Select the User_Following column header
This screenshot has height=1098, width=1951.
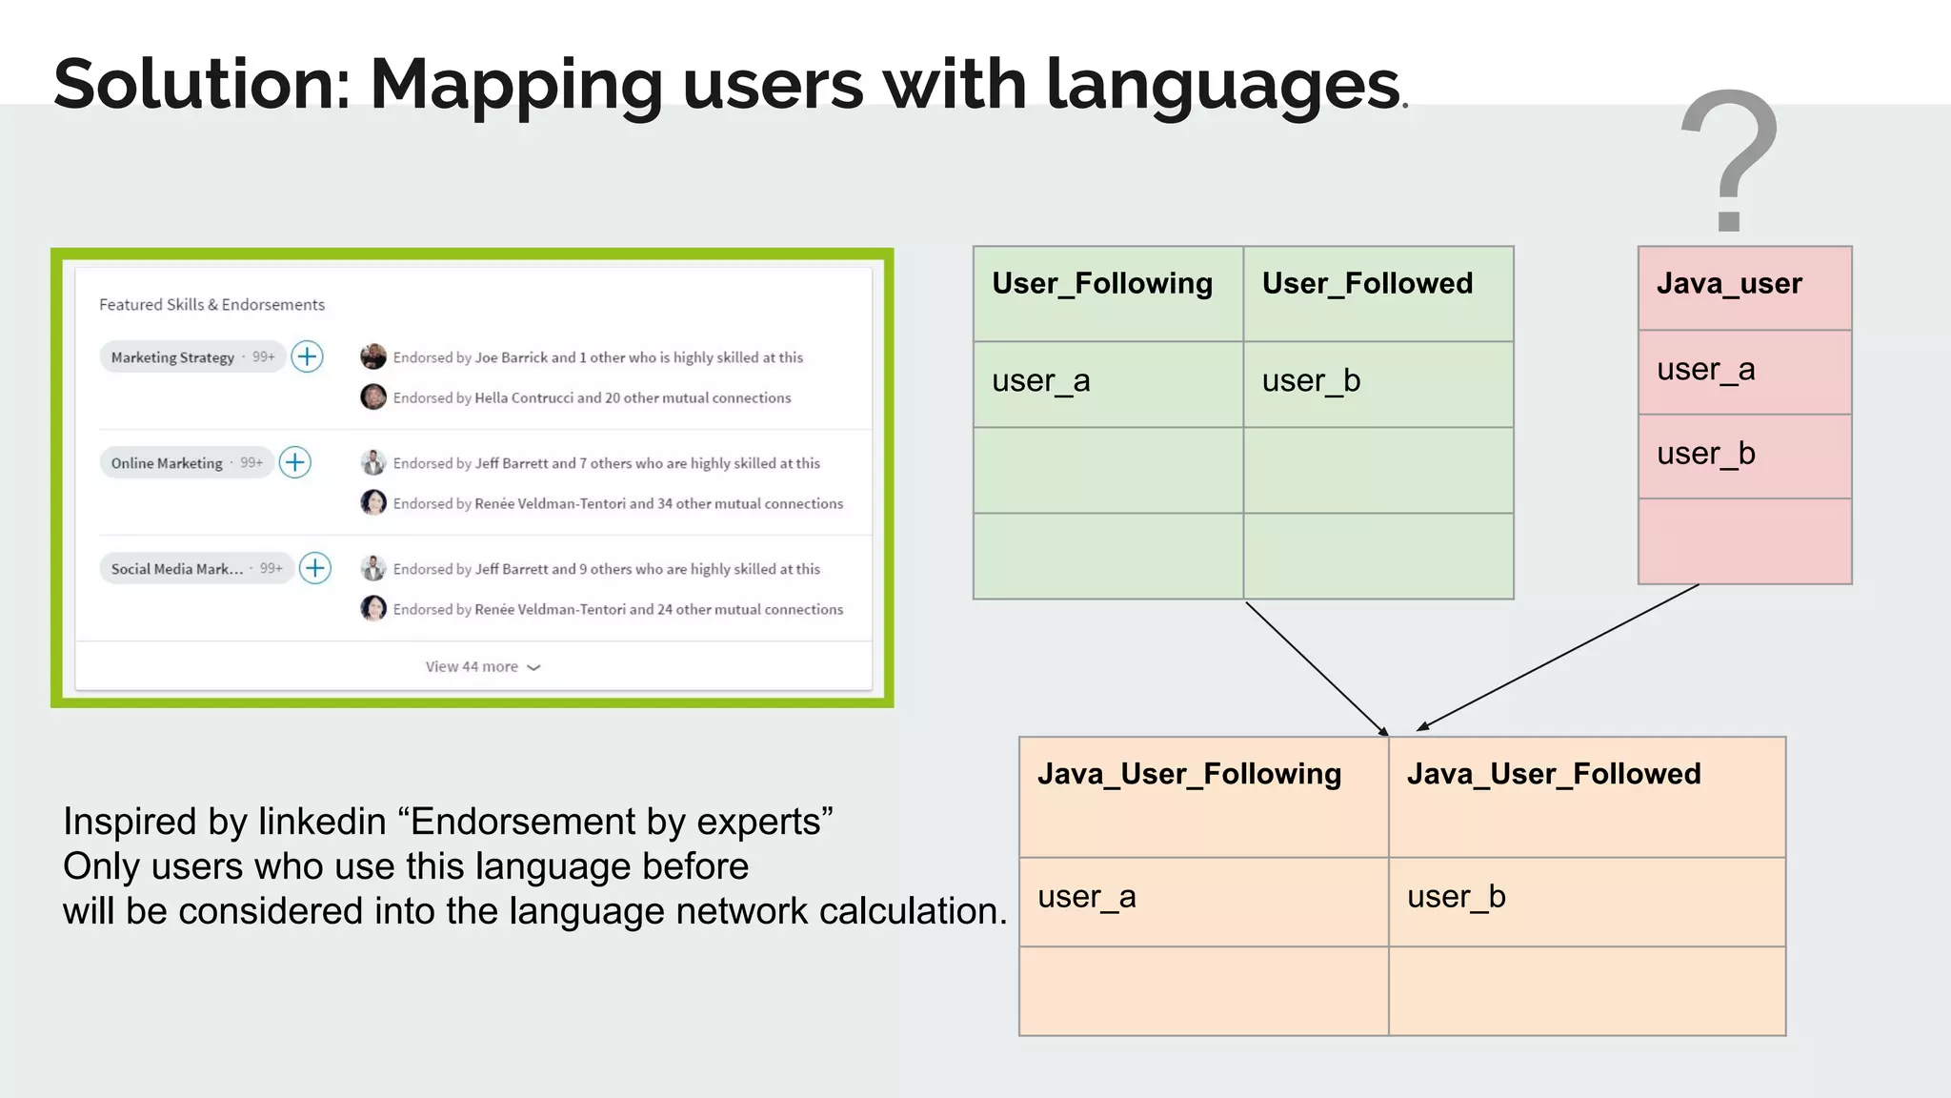coord(1102,284)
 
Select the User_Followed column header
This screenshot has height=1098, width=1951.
coord(1367,284)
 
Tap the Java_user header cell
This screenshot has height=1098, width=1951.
coord(1729,284)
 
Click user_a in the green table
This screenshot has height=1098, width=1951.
coord(1040,381)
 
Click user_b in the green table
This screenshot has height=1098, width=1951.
coord(1311,381)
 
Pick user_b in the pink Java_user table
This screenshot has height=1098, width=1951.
coord(1705,454)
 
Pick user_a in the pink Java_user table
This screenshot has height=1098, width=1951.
coord(1705,370)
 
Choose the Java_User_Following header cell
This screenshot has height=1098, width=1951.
coord(1189,774)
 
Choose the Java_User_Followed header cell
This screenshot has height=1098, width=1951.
coord(1553,774)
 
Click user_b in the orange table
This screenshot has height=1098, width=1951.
coord(1456,897)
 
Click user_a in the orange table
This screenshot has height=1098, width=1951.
coord(1086,897)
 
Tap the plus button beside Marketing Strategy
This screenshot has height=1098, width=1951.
coord(307,356)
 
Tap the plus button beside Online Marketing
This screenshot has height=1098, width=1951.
coord(295,462)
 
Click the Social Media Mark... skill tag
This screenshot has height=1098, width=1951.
coord(177,569)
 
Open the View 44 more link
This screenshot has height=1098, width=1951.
coord(482,667)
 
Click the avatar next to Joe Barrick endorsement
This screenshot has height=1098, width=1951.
coord(373,356)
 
